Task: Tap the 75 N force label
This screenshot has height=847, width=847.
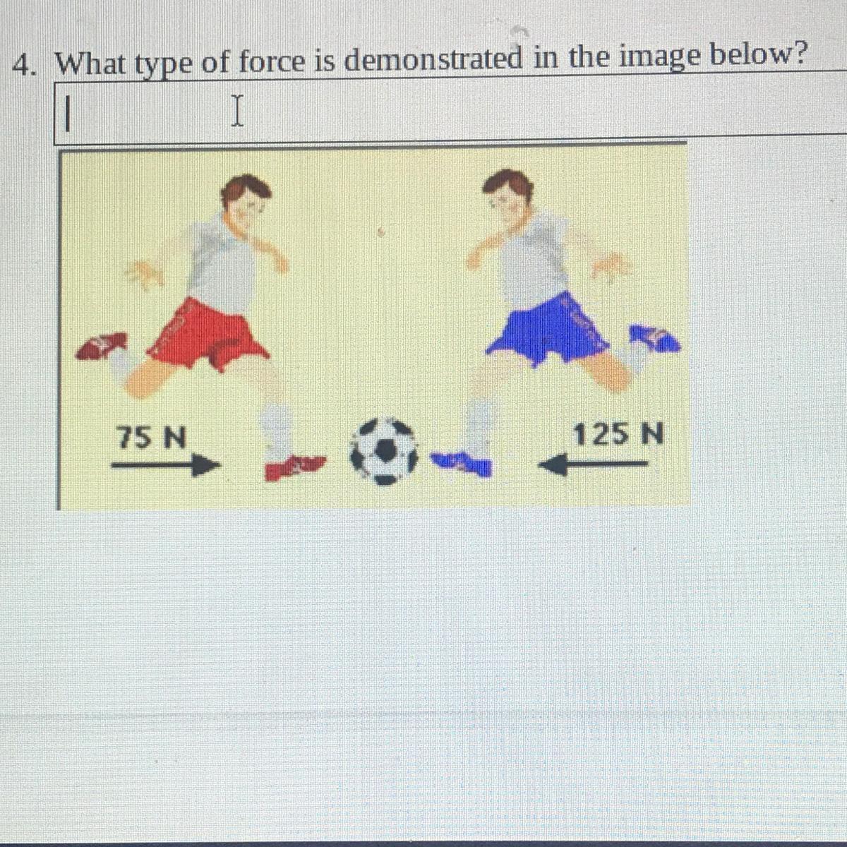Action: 152,438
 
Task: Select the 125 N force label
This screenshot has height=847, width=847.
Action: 618,434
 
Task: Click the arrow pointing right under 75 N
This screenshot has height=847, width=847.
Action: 165,465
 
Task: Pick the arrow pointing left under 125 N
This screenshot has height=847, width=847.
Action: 594,464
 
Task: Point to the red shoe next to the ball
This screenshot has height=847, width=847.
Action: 295,467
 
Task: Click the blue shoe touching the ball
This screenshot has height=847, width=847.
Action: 462,464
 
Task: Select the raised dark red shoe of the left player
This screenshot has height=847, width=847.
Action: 102,345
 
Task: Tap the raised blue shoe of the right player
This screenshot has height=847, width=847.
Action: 655,339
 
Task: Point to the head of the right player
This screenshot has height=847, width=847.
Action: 508,195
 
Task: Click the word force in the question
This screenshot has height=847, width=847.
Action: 272,62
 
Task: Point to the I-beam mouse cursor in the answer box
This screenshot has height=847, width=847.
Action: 237,111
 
